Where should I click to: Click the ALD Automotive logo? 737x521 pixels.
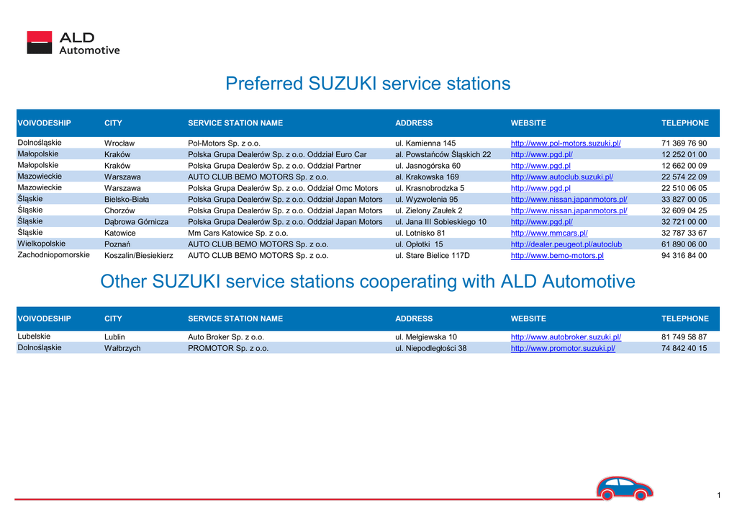(73, 43)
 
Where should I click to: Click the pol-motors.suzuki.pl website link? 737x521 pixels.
(566, 143)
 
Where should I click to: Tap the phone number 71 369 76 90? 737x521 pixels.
(684, 143)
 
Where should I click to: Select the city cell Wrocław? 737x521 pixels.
(119, 143)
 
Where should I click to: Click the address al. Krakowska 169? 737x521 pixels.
(427, 177)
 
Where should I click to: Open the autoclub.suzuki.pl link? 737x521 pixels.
(561, 177)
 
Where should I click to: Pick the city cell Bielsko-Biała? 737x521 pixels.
(127, 200)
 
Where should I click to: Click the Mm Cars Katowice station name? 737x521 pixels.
(238, 233)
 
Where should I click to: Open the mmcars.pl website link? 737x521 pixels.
(549, 233)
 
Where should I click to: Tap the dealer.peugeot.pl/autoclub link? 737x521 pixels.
(566, 244)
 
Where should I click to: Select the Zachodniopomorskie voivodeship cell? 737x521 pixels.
(53, 254)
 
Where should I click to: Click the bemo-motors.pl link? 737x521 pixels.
(557, 256)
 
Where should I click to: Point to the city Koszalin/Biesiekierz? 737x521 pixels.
(139, 256)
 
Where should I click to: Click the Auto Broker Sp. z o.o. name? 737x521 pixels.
(226, 337)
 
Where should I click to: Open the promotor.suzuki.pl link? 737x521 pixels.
(563, 348)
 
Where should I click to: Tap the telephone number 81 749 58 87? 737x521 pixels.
(684, 337)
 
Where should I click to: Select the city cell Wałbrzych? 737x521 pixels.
(122, 348)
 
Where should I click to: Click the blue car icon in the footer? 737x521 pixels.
(625, 488)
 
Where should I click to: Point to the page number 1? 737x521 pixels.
(719, 495)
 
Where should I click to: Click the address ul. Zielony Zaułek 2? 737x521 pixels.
(429, 211)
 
